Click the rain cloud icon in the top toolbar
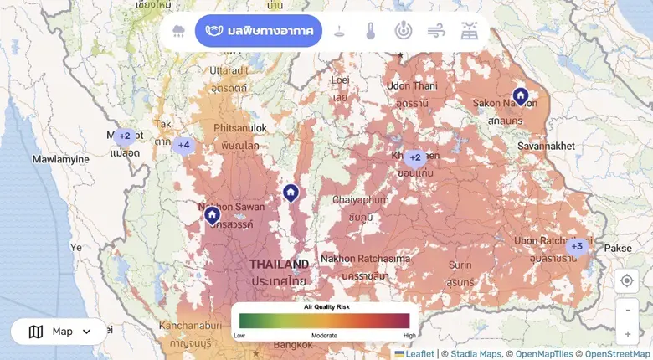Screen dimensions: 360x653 (179, 32)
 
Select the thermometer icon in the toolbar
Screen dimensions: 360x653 (370, 32)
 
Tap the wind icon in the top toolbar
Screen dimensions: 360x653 (436, 32)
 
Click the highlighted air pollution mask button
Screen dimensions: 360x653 (258, 32)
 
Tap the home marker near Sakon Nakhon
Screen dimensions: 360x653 (520, 97)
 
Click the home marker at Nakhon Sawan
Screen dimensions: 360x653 (213, 215)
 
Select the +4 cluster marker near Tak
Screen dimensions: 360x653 (183, 145)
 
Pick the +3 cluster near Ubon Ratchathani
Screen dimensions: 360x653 (576, 246)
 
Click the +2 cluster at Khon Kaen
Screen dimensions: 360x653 (414, 157)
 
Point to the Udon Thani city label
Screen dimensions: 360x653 (412, 85)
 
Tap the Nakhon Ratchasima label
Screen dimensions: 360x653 (365, 259)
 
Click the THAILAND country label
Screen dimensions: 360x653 (279, 265)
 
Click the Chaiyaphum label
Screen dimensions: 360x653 (362, 200)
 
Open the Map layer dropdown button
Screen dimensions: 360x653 (59, 332)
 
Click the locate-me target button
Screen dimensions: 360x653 (627, 281)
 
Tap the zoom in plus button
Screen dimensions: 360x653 (628, 333)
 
